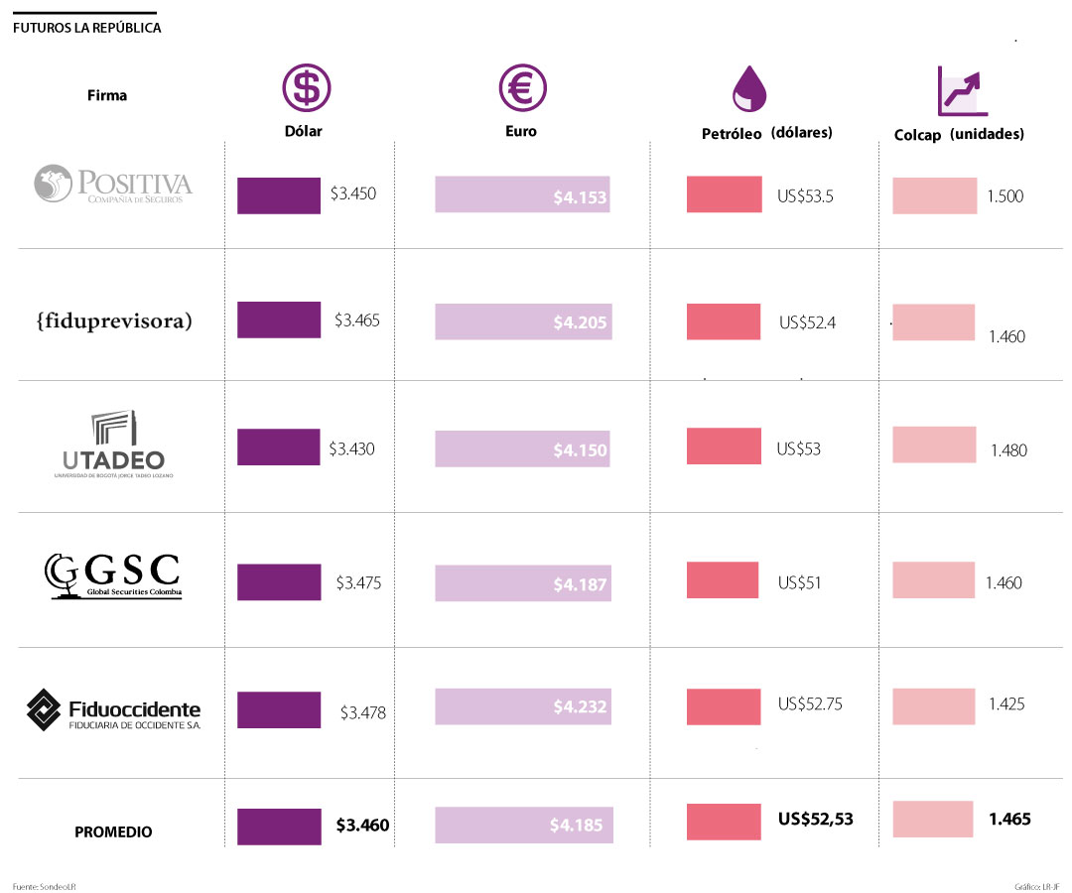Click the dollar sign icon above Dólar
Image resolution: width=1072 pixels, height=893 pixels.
coord(307,88)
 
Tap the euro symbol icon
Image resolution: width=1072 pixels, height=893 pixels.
coord(522,88)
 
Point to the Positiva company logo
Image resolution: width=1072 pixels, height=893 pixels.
coord(113,185)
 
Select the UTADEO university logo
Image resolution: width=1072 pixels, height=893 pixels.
coord(110,443)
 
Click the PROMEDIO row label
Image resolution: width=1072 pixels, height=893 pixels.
coord(113,832)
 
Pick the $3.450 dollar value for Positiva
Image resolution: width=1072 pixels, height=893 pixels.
coord(353,194)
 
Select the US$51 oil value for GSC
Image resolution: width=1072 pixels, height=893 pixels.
coord(799,582)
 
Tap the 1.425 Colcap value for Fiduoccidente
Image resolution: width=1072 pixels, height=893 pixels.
coord(1006,704)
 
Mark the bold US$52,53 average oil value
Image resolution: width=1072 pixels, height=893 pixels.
coord(815,820)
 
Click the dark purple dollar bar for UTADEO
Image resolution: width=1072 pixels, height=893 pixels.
coord(278,446)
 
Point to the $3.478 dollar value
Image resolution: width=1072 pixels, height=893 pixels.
coord(362,712)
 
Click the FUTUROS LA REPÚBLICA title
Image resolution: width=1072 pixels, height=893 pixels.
coord(87,28)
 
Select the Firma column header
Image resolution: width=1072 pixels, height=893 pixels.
coord(107,96)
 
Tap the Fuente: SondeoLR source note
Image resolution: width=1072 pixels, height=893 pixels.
coord(45,885)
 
